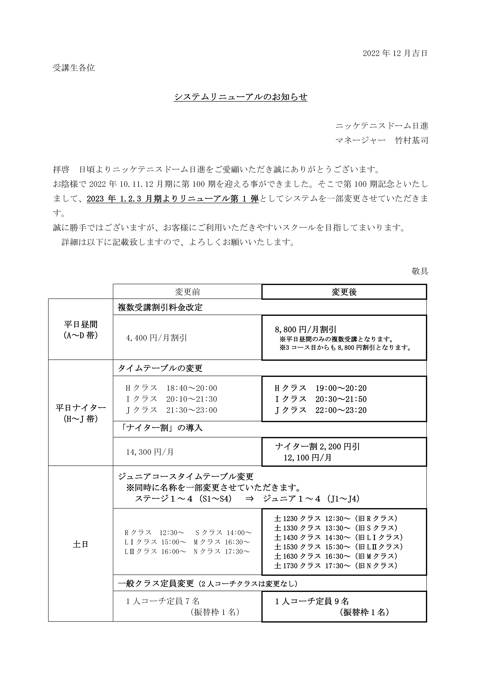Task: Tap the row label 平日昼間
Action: pos(81,325)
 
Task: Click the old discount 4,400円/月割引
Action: pos(156,338)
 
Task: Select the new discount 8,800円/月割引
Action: pos(305,329)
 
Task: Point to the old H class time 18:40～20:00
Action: pos(192,388)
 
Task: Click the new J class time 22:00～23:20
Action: pos(341,410)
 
